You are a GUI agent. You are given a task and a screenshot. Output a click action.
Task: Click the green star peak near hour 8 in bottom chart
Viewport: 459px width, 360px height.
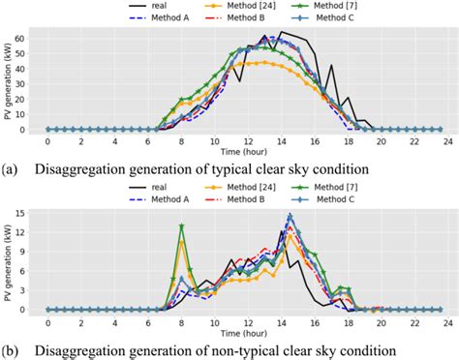point(181,226)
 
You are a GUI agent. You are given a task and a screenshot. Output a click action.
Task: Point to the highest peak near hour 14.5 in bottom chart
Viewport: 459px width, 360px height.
point(289,216)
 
